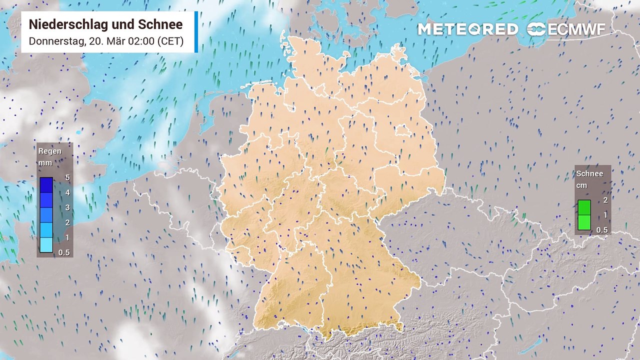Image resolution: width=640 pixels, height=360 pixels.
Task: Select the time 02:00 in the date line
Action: pyautogui.click(x=142, y=41)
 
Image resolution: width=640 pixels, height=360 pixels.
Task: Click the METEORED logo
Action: pyautogui.click(x=467, y=29)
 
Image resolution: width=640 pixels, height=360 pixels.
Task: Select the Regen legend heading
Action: pyautogui.click(x=50, y=151)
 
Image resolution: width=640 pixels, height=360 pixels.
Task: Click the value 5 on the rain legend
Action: pyautogui.click(x=67, y=177)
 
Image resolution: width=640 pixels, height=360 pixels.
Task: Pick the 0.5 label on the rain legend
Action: pyautogui.click(x=64, y=252)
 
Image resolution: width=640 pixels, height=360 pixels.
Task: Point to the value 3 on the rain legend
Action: pyautogui.click(x=67, y=207)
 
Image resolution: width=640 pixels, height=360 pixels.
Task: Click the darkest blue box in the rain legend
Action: pyautogui.click(x=46, y=185)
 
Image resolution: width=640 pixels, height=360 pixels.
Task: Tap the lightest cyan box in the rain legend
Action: pyautogui.click(x=46, y=245)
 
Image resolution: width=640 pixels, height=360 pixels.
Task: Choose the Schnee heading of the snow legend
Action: pyautogui.click(x=589, y=173)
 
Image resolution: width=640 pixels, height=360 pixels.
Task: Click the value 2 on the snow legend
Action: pyautogui.click(x=605, y=200)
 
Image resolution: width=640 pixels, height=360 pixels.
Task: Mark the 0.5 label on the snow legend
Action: pyautogui.click(x=602, y=230)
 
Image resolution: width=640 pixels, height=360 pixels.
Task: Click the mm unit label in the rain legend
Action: pyautogui.click(x=45, y=163)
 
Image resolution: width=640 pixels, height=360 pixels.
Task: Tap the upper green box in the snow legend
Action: pyautogui.click(x=584, y=207)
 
